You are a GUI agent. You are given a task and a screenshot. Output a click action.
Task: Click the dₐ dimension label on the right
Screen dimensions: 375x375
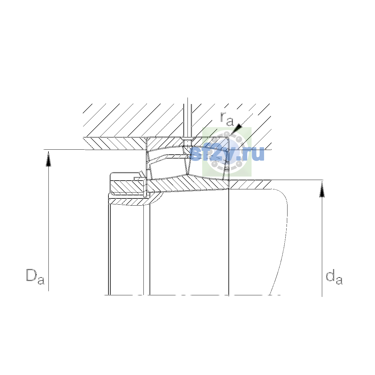click(x=334, y=277)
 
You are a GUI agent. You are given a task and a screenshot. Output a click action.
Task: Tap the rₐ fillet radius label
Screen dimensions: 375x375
click(x=227, y=119)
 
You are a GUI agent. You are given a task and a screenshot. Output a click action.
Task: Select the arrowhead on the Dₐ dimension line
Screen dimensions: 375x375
click(x=48, y=159)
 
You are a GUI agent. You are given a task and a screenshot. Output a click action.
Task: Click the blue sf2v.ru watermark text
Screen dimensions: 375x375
click(x=227, y=154)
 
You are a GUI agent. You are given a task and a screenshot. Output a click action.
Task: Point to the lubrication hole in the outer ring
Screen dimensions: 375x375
click(x=187, y=142)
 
